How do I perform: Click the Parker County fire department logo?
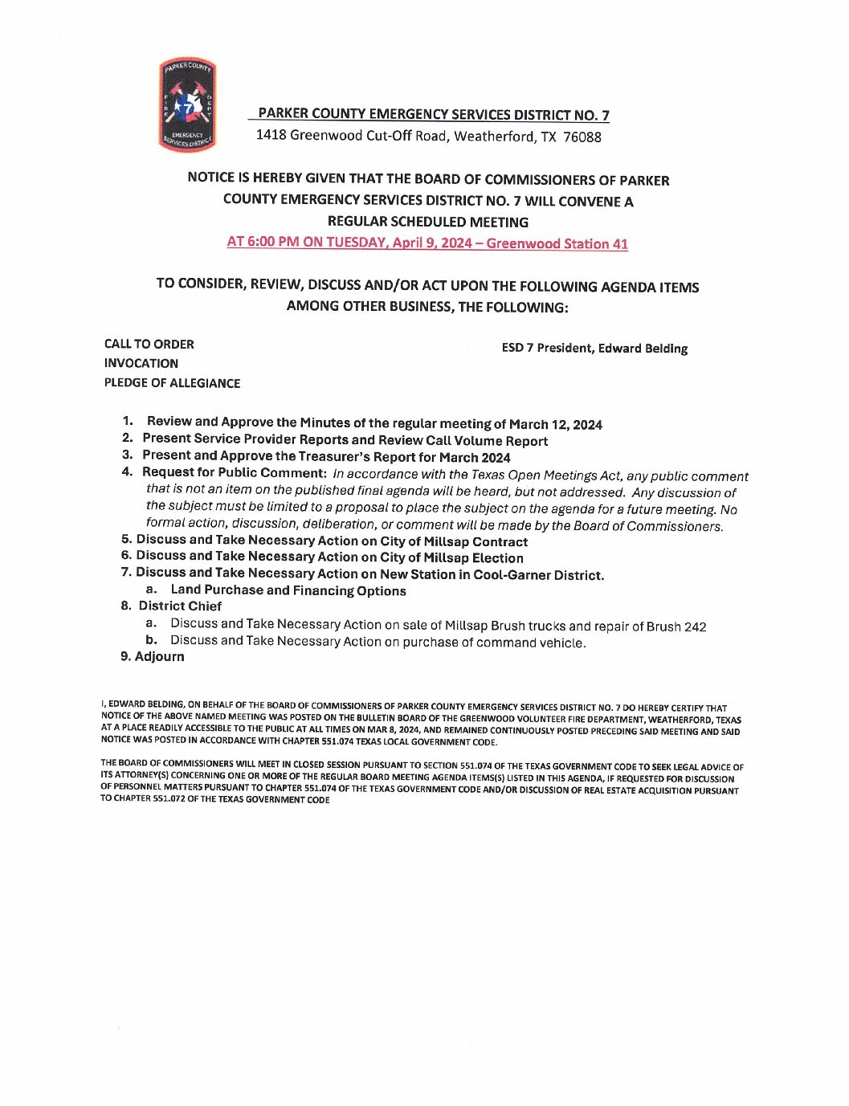[x=188, y=105]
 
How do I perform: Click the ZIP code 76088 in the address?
[x=582, y=137]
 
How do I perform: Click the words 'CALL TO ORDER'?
[x=149, y=345]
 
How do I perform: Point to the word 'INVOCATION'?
[x=141, y=364]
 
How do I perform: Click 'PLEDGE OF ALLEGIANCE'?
[x=172, y=383]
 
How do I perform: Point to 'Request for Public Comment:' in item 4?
[x=234, y=473]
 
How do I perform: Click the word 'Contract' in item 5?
[x=500, y=542]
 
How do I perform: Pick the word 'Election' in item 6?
[x=497, y=558]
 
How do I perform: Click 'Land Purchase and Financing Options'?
[x=288, y=591]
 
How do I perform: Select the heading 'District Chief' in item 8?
[x=180, y=606]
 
